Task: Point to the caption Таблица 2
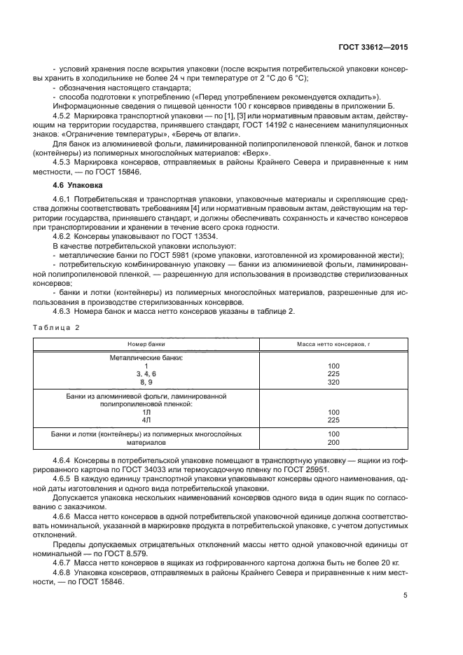click(57, 327)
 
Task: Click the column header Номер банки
click(146, 345)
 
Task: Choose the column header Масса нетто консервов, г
click(333, 345)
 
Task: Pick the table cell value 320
click(333, 382)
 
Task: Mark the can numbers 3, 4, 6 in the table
click(146, 374)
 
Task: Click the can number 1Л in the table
click(146, 412)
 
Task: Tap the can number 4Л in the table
click(146, 420)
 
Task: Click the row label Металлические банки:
click(146, 357)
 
